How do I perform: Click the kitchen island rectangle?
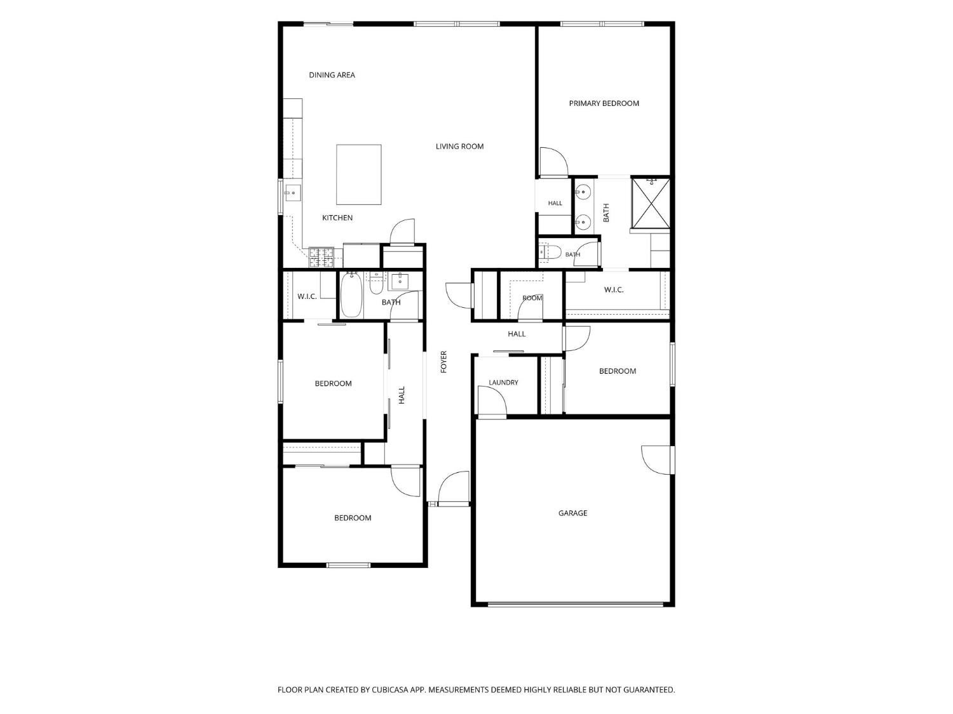358,175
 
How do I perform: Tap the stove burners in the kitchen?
321,257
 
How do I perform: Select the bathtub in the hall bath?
351,295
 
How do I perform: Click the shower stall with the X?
651,202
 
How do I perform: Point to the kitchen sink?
293,193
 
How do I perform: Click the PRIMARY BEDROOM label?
604,103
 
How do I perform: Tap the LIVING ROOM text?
459,147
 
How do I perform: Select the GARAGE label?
572,513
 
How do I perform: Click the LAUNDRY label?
503,382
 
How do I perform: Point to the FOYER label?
443,362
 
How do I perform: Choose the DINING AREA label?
332,75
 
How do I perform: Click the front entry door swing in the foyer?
454,488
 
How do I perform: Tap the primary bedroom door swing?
553,162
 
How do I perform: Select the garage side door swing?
656,459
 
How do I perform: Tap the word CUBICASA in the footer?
390,689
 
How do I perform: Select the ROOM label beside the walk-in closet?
532,298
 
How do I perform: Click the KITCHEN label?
337,218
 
